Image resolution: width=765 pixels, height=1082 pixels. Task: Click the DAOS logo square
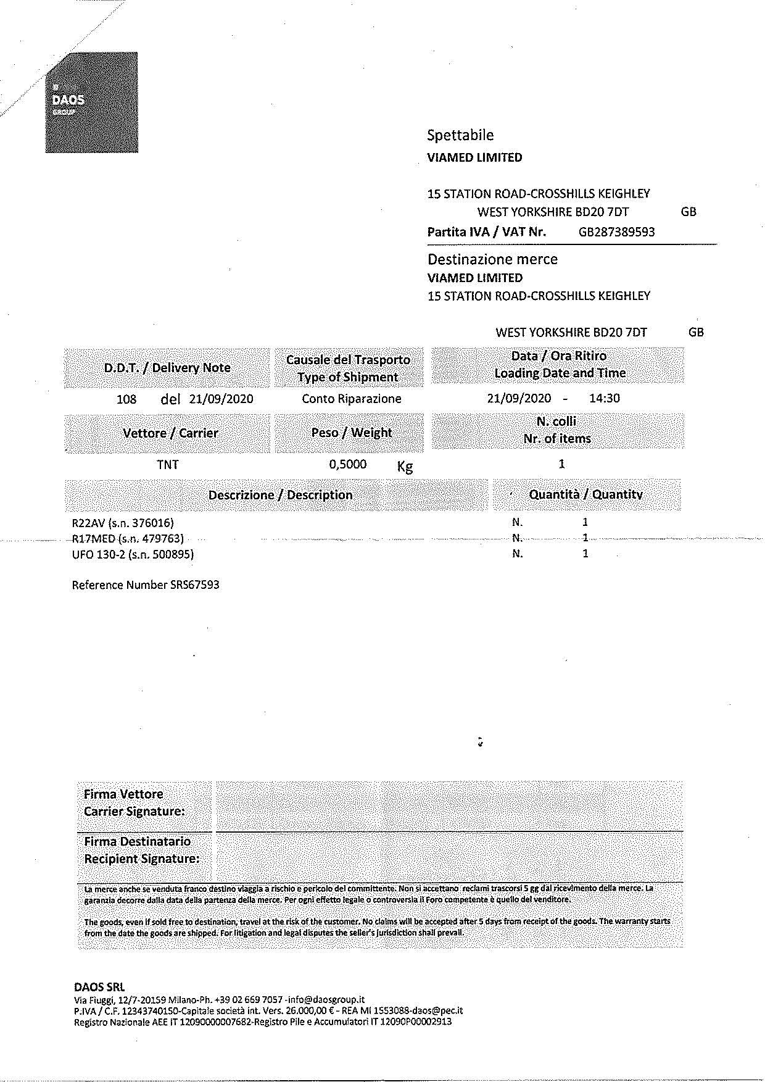(91, 102)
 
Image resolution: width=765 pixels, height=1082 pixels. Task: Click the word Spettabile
(460, 135)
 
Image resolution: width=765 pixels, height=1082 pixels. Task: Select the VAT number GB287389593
(616, 232)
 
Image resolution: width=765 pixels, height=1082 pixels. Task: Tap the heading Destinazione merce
(492, 259)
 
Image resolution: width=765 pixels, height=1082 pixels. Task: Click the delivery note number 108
(126, 399)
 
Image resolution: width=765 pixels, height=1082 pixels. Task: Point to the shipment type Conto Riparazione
(351, 399)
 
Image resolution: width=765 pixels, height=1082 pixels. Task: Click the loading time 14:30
(604, 398)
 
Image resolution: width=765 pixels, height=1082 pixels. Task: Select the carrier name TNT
(168, 464)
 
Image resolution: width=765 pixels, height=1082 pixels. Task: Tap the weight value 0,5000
(348, 464)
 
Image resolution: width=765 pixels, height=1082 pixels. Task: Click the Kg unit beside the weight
(405, 466)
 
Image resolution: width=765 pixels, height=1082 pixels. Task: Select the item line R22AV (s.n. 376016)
(123, 523)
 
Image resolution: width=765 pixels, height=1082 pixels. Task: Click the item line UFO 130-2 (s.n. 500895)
(133, 554)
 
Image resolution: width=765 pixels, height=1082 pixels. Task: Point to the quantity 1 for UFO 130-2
(585, 554)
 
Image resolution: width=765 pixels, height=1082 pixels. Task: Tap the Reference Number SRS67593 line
(146, 585)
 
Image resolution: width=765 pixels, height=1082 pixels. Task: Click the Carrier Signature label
(134, 811)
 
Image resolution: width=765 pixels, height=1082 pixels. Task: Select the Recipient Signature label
(141, 859)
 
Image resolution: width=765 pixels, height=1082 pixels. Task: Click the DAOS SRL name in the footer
(99, 987)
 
